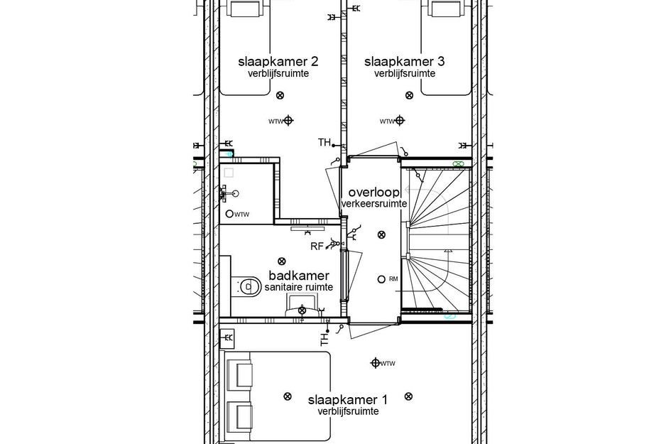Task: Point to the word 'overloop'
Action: tap(373, 193)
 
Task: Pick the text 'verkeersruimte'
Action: tap(373, 204)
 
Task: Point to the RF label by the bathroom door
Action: tap(317, 247)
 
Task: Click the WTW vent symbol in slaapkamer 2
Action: tap(288, 120)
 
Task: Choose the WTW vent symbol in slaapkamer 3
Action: tap(400, 120)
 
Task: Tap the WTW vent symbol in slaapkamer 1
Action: tap(376, 363)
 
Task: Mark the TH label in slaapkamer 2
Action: tap(324, 143)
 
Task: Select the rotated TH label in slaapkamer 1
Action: tap(324, 340)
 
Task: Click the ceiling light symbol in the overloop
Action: tap(382, 234)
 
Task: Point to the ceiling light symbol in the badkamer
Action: tap(282, 261)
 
